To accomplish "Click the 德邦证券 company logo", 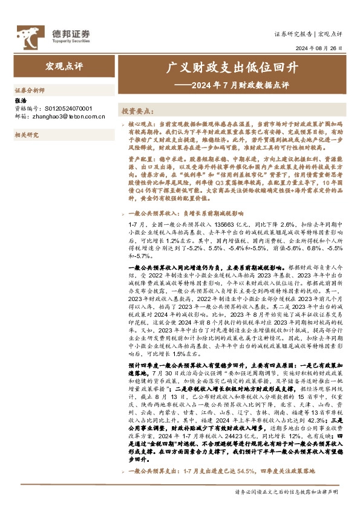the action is pos(53,34).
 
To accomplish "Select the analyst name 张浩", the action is pos(20,100).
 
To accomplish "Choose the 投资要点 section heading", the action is pos(137,112).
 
